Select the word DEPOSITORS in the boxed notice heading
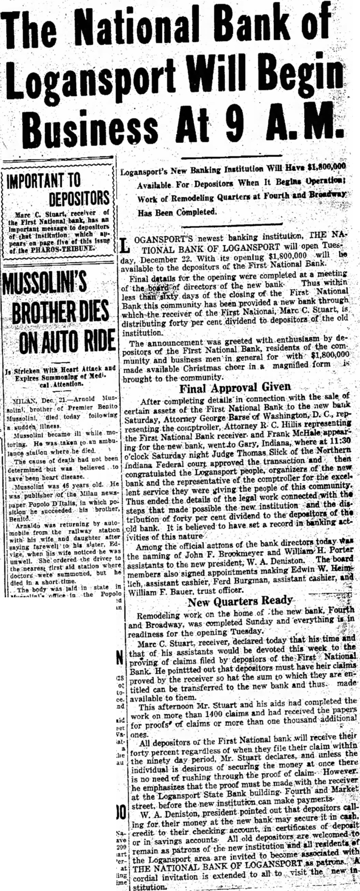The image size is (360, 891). tap(79, 198)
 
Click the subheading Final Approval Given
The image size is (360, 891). tap(235, 388)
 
